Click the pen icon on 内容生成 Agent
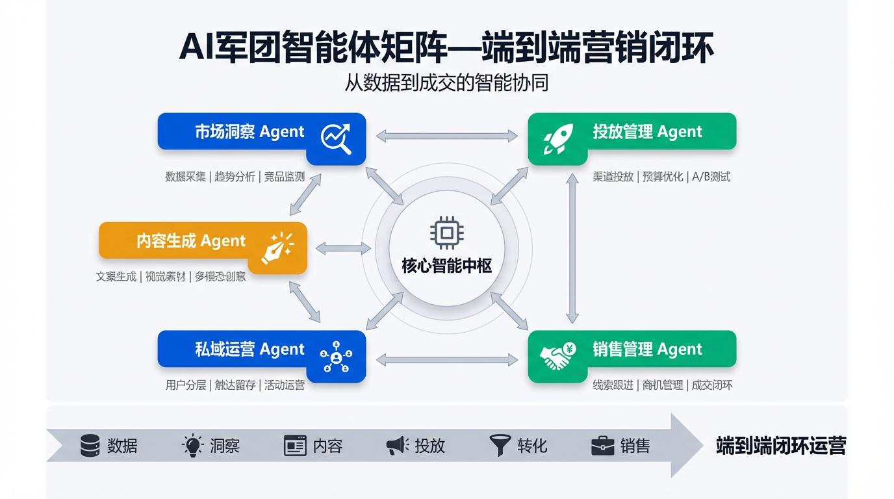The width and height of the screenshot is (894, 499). point(277,248)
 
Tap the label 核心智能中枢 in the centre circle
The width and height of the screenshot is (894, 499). point(447,266)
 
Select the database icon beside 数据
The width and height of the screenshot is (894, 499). point(90,446)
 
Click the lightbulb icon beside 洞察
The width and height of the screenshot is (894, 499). point(192,446)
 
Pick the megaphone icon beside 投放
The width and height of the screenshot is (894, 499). point(398,446)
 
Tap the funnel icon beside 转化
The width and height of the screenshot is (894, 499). point(500,445)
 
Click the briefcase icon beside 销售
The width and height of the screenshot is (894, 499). point(602,446)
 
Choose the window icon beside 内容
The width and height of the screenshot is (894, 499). point(295,446)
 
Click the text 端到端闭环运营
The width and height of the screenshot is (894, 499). point(781,446)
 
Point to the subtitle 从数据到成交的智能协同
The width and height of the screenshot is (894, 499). point(447,84)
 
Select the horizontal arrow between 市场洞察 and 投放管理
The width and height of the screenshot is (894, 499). point(447,136)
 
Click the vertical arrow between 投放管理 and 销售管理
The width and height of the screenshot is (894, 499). point(572,248)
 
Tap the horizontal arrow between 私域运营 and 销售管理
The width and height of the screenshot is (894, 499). point(447,359)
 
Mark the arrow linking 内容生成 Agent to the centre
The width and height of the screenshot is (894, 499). point(343,248)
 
